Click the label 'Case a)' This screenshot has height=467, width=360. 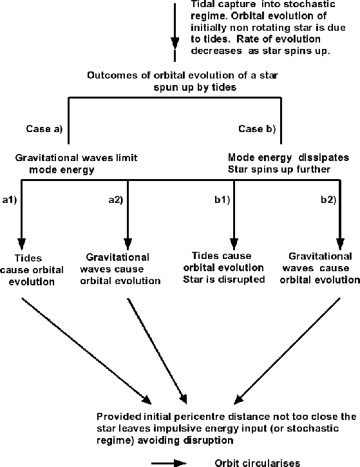44,129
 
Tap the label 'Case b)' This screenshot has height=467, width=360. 257,129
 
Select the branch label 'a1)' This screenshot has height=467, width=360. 10,200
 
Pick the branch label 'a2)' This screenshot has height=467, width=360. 115,200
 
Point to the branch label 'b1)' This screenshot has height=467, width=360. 222,200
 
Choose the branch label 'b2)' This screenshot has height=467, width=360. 328,200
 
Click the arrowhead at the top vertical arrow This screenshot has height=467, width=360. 175,43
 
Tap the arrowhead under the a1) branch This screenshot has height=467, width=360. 21,244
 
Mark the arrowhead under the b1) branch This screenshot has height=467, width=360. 234,244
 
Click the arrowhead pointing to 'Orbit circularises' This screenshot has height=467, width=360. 180,463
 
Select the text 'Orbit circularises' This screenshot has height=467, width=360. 257,463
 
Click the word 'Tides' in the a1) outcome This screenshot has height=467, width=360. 28,258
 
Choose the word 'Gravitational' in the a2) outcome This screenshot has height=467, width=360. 118,257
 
